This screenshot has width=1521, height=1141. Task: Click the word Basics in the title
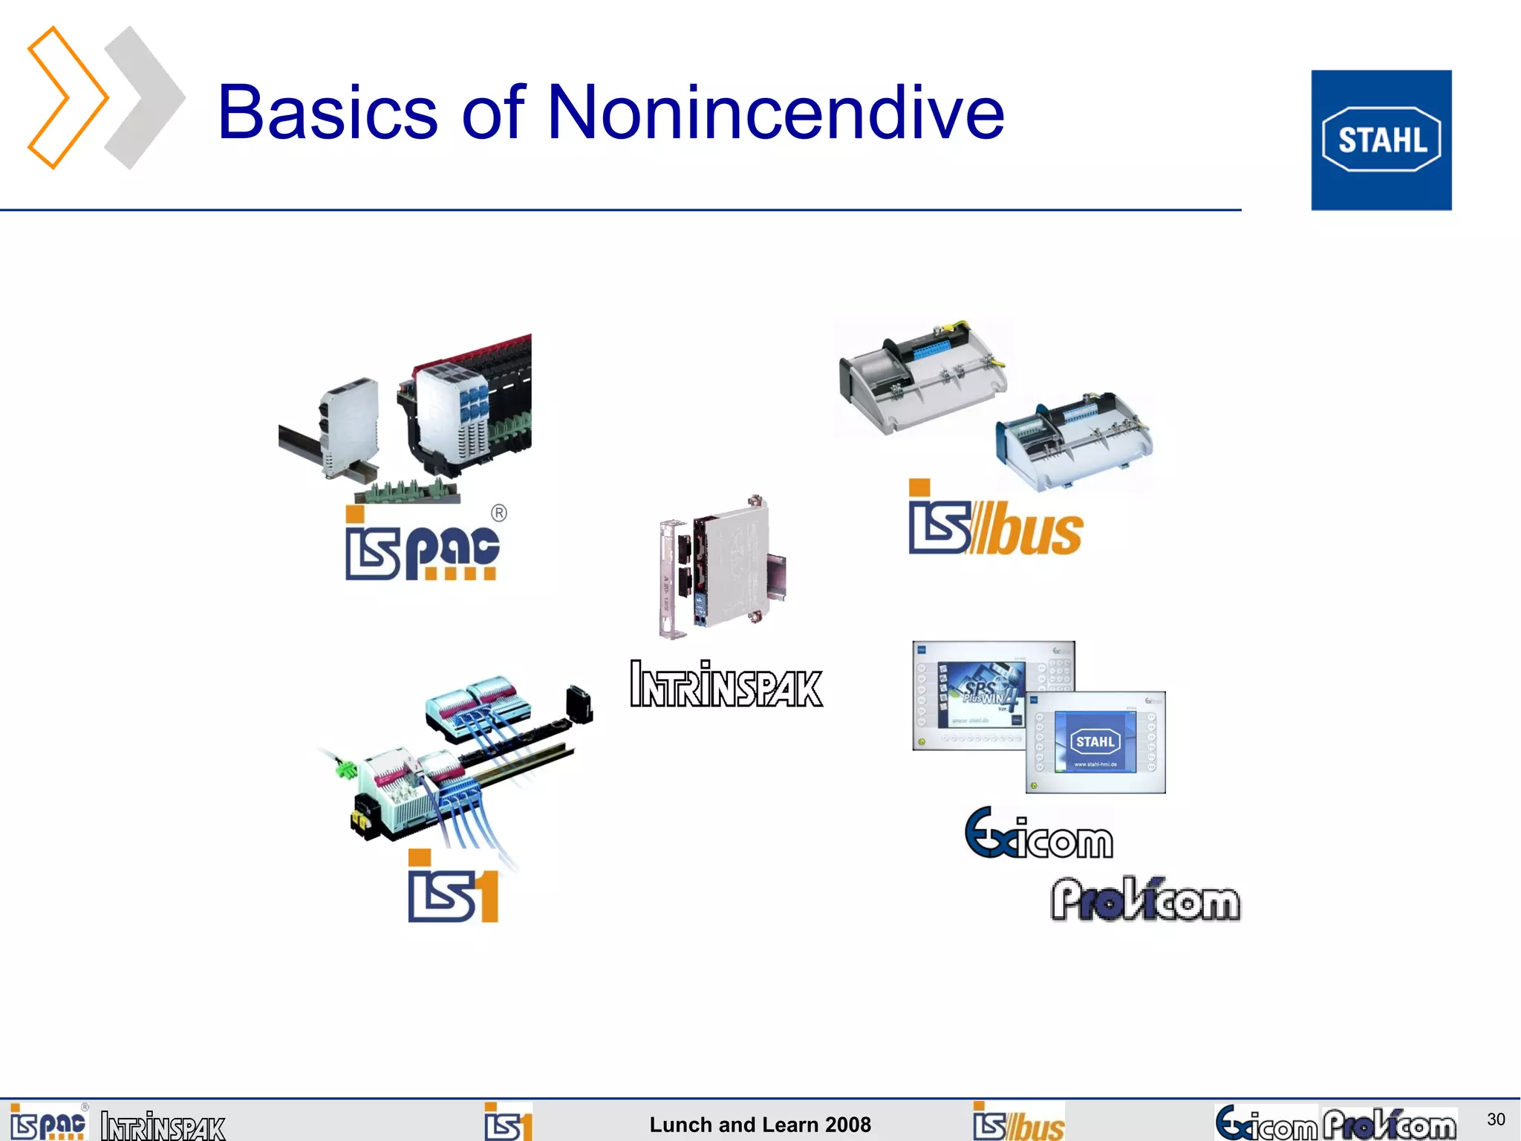click(328, 112)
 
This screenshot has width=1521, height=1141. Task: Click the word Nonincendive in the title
click(775, 112)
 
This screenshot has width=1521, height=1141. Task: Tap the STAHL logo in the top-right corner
click(1381, 140)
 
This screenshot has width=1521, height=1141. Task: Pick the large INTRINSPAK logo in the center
click(726, 684)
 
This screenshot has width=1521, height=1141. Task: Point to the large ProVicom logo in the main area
click(1145, 900)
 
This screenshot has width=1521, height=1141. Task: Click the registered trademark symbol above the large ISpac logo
click(499, 513)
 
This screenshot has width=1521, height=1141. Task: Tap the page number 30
click(1496, 1119)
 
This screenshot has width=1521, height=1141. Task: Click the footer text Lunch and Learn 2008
click(760, 1125)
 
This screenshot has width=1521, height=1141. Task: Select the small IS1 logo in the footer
click(508, 1122)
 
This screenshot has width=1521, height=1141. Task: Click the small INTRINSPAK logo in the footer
click(163, 1126)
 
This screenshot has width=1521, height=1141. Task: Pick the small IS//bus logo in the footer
click(1019, 1122)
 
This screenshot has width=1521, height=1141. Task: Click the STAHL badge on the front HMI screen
click(1095, 741)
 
